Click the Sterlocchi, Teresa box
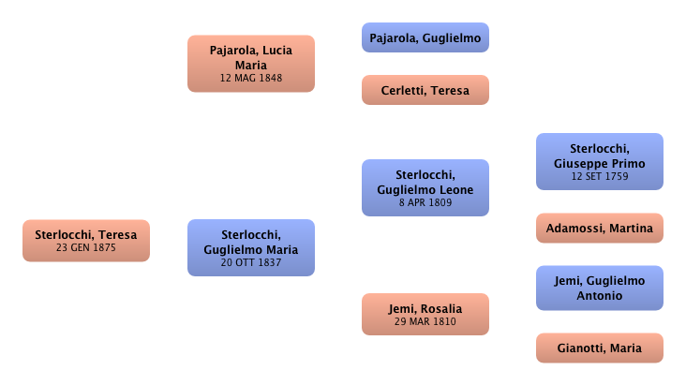point(85,240)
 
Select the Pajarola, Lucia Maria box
point(251,63)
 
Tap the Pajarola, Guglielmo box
point(425,38)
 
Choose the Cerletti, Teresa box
point(425,90)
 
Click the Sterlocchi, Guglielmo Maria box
point(251,247)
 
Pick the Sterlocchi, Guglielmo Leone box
point(425,187)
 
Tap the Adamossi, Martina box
point(599,228)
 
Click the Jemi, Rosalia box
point(425,314)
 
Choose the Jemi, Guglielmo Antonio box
point(599,288)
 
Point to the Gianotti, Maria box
point(599,348)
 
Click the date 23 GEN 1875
point(85,248)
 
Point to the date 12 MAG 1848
point(251,79)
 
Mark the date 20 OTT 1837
point(251,263)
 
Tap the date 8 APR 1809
point(425,202)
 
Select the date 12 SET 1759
point(599,176)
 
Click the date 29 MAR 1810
point(425,322)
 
